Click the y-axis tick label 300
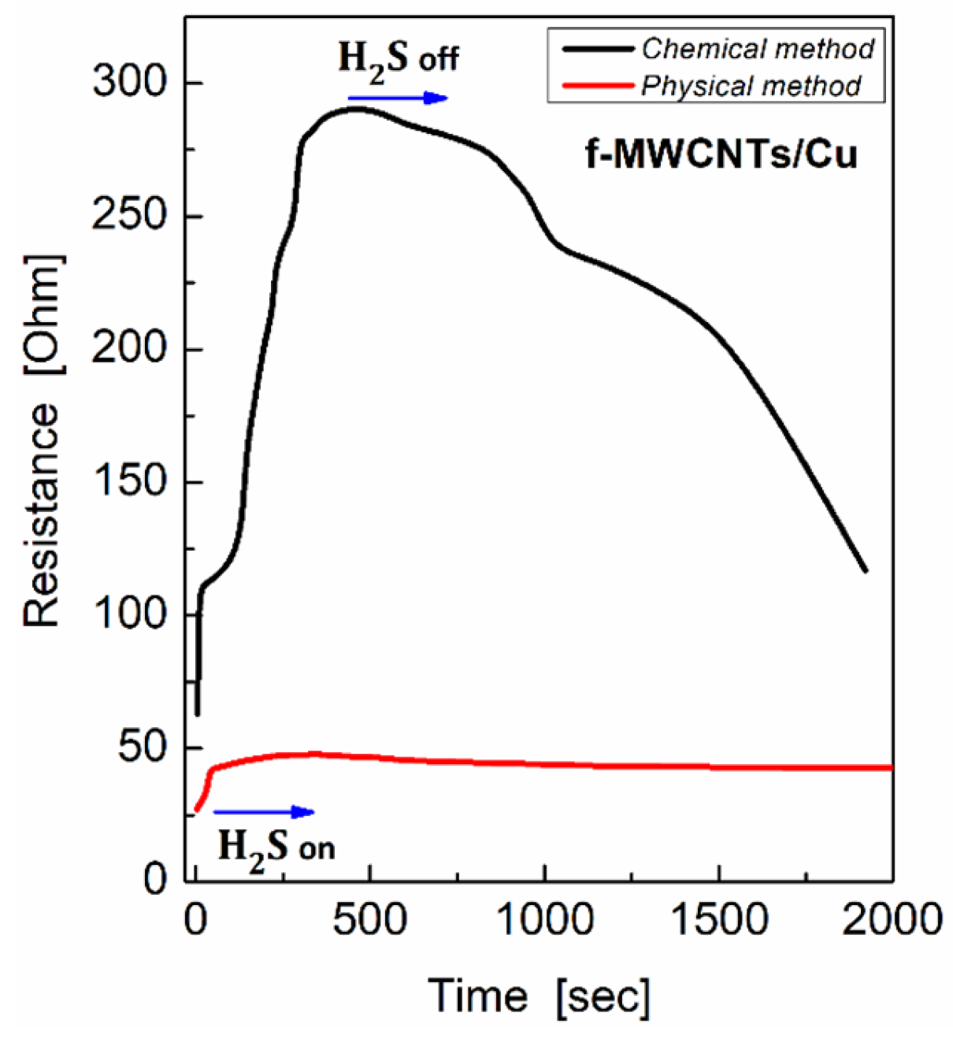[131, 83]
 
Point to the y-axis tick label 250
[131, 216]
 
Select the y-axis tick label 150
[131, 481]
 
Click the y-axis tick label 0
[157, 879]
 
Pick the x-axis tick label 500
[369, 919]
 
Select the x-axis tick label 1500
[719, 919]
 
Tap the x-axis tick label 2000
[892, 919]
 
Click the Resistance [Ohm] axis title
[41, 441]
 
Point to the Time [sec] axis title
[540, 996]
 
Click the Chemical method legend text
[757, 49]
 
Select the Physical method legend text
[751, 86]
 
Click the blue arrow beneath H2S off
[398, 98]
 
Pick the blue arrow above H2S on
[264, 812]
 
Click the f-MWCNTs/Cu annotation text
[721, 155]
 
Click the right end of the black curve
[866, 570]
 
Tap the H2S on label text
[276, 847]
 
